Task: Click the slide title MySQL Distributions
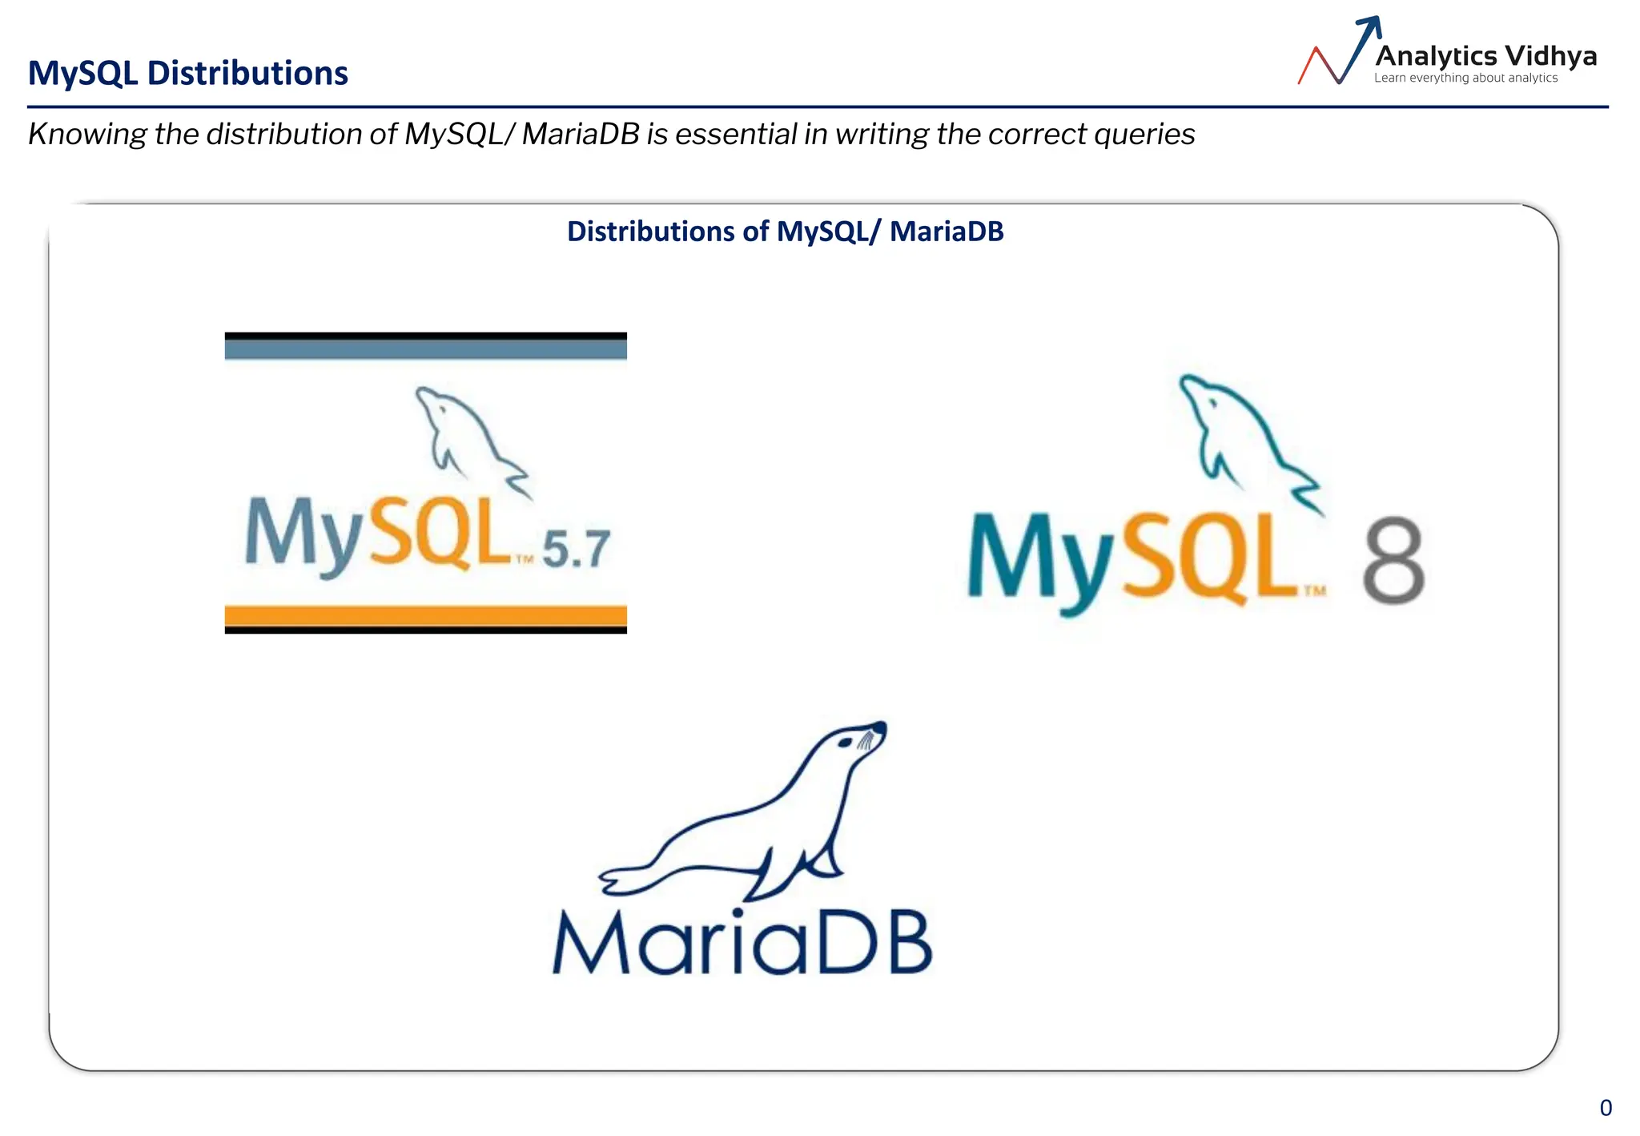click(x=187, y=73)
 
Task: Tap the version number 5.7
click(x=576, y=550)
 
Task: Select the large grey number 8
click(x=1393, y=560)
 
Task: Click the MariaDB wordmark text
click(x=742, y=943)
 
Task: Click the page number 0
click(x=1606, y=1108)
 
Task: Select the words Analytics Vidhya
click(x=1485, y=56)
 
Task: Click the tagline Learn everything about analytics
click(x=1465, y=78)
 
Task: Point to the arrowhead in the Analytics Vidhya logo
click(x=1371, y=26)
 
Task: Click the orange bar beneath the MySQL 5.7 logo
click(x=425, y=615)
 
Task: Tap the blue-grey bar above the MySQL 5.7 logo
click(x=425, y=348)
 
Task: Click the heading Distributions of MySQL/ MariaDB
click(x=785, y=232)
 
